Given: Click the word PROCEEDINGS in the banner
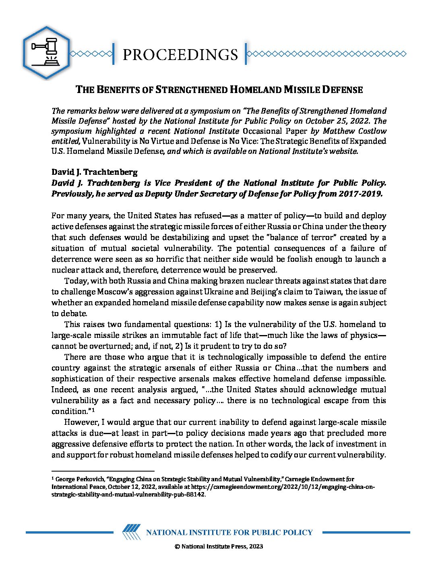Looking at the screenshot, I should [180, 54].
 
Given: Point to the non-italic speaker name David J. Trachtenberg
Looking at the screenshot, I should [94, 172].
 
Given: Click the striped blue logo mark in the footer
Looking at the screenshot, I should [131, 532].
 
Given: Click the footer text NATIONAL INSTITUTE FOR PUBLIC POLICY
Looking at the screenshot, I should [229, 532].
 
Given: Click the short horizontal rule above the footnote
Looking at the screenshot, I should [103, 471].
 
